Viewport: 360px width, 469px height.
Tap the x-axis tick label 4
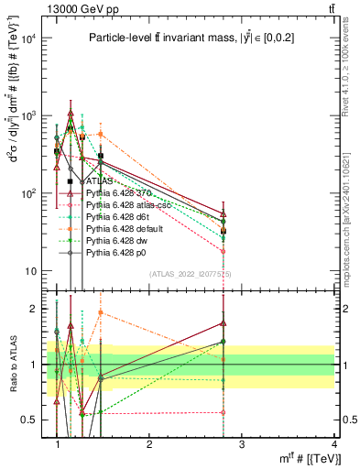coord(333,444)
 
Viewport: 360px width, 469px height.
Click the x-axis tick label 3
coord(241,444)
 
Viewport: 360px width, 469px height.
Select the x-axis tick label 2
coord(149,444)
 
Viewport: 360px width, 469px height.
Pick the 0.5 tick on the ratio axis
coord(30,420)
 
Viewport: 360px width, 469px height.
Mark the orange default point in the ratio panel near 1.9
coord(101,312)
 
